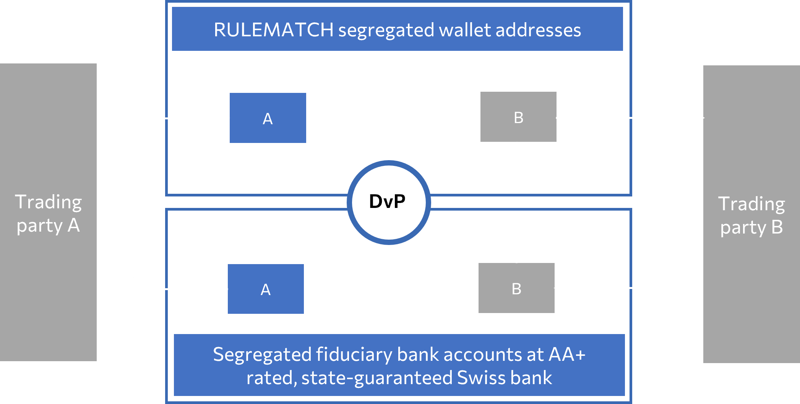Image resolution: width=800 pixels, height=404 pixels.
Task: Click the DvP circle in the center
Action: [388, 202]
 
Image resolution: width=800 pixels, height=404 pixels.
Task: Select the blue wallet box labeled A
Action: [268, 118]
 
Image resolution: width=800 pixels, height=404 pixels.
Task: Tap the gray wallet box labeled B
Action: [518, 117]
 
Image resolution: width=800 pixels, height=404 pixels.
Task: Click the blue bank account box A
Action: [266, 289]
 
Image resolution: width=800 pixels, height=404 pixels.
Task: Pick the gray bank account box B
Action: [516, 288]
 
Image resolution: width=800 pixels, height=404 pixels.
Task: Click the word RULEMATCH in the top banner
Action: [273, 30]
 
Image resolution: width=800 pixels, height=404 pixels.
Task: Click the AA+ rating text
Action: [567, 354]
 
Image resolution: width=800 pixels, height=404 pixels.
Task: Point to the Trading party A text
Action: [48, 214]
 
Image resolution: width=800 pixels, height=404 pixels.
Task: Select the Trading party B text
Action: [751, 215]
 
